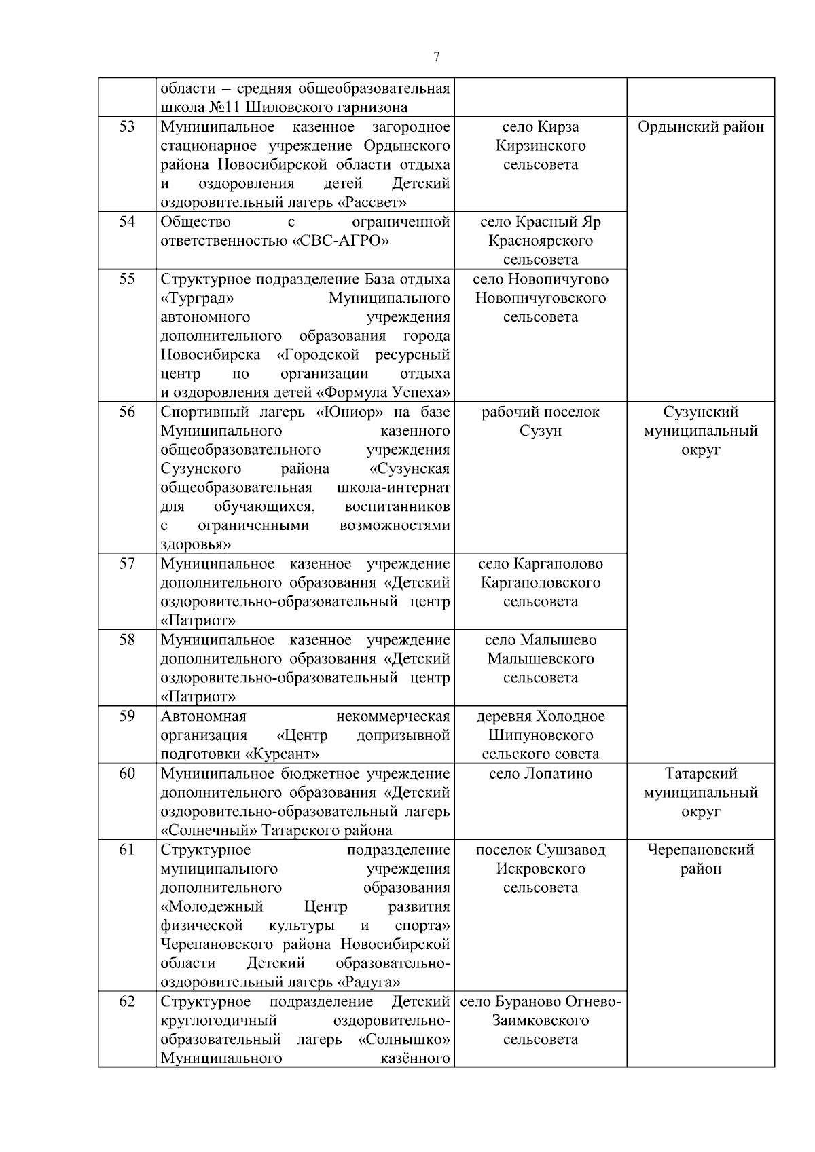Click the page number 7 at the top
pyautogui.click(x=436, y=57)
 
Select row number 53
pyautogui.click(x=127, y=127)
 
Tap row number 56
pyautogui.click(x=127, y=412)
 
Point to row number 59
pyautogui.click(x=127, y=716)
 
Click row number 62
pyautogui.click(x=127, y=1002)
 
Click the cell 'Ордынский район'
pyautogui.click(x=701, y=127)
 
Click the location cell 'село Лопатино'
pyautogui.click(x=541, y=774)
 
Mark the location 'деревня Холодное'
pyautogui.click(x=541, y=716)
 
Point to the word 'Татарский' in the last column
pyautogui.click(x=701, y=774)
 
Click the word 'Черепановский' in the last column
pyautogui.click(x=701, y=850)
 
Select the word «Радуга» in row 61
pyautogui.click(x=368, y=982)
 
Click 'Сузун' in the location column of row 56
pyautogui.click(x=541, y=431)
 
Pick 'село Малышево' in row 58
pyautogui.click(x=541, y=640)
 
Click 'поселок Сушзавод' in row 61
pyautogui.click(x=541, y=850)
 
